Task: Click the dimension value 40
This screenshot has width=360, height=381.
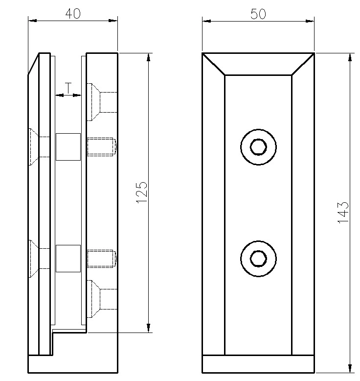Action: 73,14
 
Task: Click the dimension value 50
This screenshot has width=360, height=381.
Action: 258,14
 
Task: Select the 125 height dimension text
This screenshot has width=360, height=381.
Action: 142,192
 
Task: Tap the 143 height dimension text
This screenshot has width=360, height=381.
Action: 343,212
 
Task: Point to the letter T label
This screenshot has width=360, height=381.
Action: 68,88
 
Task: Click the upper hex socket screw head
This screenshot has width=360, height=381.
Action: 258,147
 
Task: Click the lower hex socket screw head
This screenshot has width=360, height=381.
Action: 258,259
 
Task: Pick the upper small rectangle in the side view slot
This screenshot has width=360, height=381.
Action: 68,147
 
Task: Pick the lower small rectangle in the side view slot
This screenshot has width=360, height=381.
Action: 68,258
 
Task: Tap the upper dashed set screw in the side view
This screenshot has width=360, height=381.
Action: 102,146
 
